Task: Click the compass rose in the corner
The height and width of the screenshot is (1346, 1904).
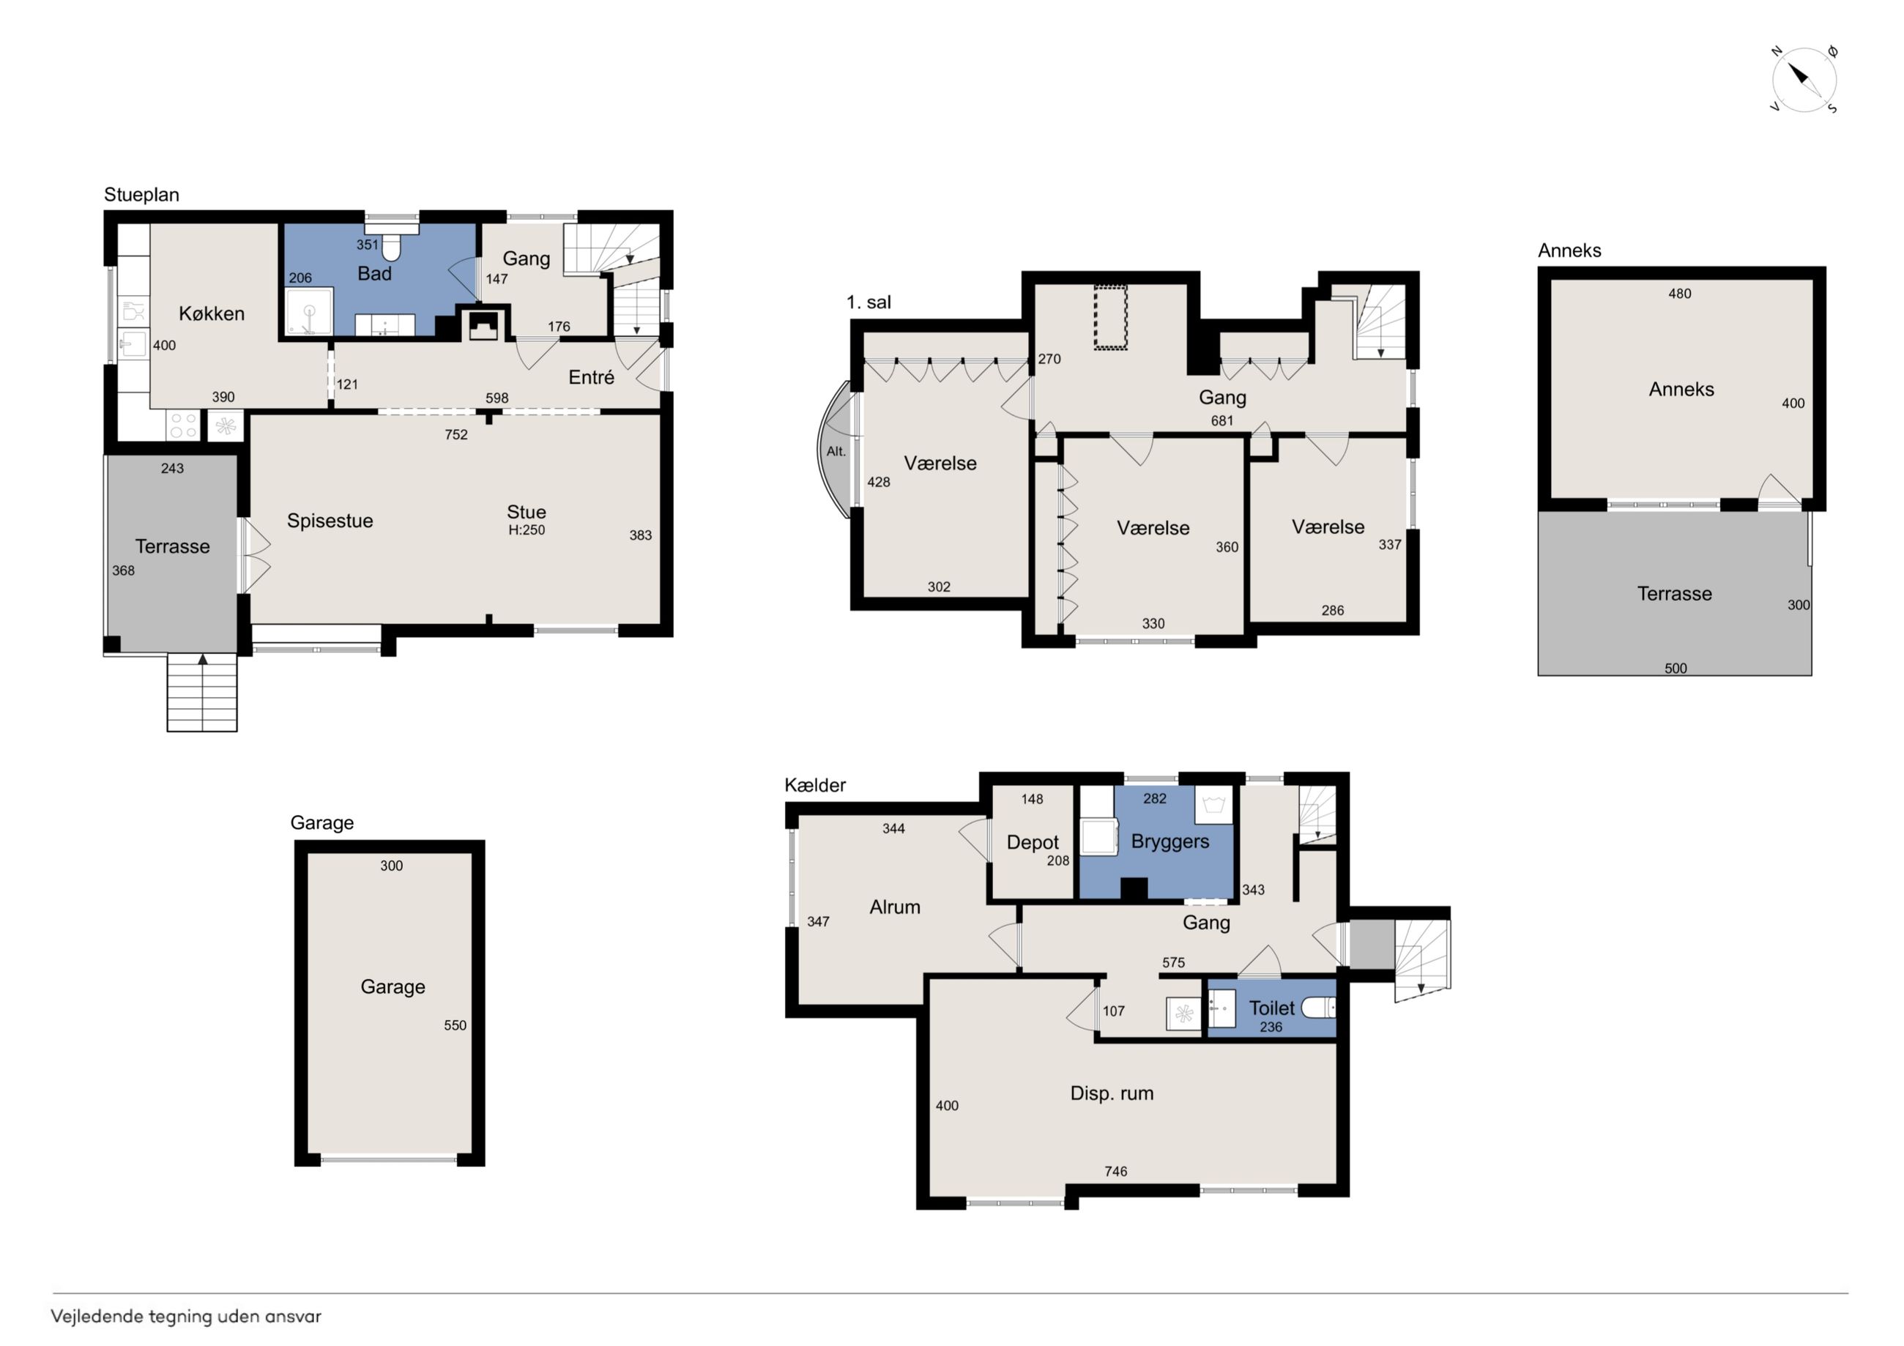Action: coord(1804,80)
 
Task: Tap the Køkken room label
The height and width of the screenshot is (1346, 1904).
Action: coord(212,313)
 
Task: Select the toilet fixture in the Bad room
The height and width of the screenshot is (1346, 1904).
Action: coord(390,245)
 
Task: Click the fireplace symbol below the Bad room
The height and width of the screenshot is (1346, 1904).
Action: coord(483,324)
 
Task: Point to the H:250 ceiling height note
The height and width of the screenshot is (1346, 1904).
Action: coord(527,530)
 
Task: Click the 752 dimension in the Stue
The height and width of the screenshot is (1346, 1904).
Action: coord(456,434)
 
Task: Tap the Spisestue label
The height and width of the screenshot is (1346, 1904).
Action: coord(330,521)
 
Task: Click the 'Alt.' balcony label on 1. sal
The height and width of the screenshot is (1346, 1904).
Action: coord(836,452)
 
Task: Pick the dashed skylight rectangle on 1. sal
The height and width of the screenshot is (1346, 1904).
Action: coord(1110,318)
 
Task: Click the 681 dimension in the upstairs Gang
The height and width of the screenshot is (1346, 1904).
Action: coord(1222,421)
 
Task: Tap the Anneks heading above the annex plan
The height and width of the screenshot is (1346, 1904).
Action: coord(1570,250)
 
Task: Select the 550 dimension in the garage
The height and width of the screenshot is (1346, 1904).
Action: coord(455,1026)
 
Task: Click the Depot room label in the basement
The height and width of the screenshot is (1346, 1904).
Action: coord(1033,843)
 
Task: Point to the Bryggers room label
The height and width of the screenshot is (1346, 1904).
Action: coord(1170,841)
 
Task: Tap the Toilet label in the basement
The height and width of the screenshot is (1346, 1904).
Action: coord(1271,1008)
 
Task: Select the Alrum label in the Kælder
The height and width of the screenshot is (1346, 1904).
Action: coord(895,907)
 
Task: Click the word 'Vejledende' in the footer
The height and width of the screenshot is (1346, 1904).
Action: coord(97,1317)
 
